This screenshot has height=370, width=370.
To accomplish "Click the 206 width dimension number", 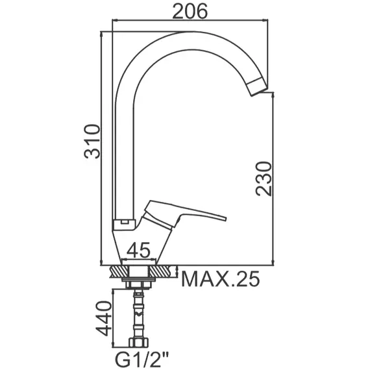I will click(189, 10).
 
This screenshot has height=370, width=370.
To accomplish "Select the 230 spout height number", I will click(264, 179).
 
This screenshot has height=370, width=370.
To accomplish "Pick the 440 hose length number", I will click(105, 317).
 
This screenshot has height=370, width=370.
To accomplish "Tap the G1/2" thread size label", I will click(142, 359).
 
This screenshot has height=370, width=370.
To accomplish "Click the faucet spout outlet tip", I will click(258, 90).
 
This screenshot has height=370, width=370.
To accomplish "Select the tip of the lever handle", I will click(224, 218).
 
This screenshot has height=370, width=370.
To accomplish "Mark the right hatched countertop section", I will click(165, 270).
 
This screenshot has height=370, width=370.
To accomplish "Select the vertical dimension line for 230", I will click(273, 179).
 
